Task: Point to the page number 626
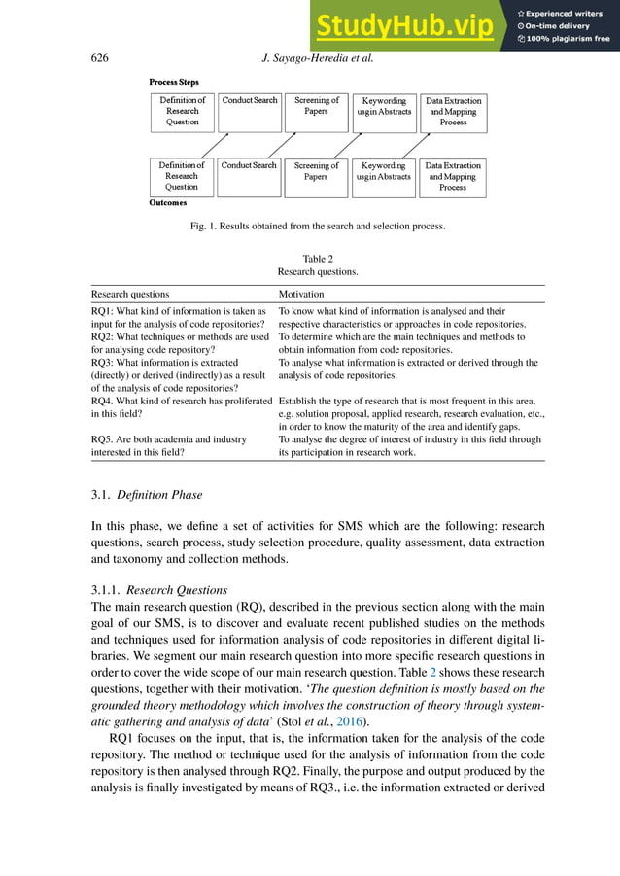coord(98,58)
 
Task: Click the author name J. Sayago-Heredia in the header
coord(311,58)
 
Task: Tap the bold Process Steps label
coord(174,83)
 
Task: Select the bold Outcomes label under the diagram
coord(168,203)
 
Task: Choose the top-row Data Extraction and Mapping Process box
coord(453,112)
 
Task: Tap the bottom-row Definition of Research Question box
coord(182,176)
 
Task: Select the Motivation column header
coord(301,293)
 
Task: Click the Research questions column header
coord(129,293)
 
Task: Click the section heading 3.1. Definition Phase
coord(146,496)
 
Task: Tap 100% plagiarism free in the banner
coord(568,40)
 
